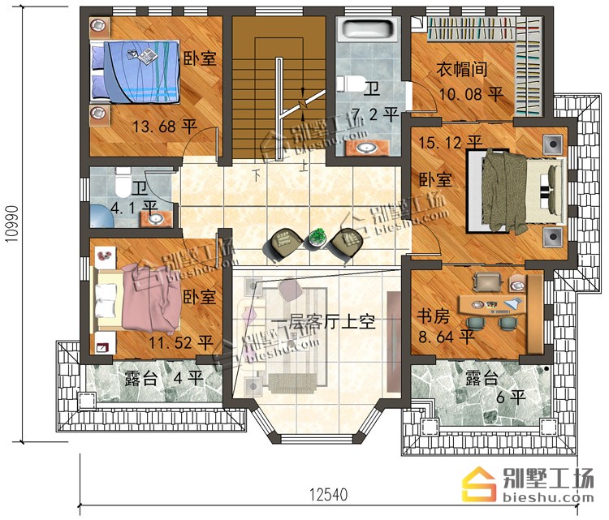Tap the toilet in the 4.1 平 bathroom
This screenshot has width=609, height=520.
point(123,183)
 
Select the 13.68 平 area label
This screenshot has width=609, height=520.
point(165,127)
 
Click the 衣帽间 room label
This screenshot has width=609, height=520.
point(461,70)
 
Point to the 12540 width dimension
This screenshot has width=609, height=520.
point(329,495)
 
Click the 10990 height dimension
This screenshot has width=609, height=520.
point(12,224)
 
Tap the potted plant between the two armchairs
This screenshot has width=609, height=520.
point(317,238)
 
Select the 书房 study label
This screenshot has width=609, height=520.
point(433,316)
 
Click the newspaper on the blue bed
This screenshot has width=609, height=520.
point(146,56)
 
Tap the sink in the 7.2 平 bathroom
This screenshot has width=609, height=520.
point(367,148)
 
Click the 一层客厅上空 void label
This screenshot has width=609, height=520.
point(323,322)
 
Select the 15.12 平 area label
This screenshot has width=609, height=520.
point(451,142)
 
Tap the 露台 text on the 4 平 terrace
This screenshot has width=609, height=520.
point(140,377)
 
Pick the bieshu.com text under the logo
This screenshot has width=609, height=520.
point(548,497)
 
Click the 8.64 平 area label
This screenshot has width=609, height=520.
point(447,336)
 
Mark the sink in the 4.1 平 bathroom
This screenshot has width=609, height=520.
point(157,220)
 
